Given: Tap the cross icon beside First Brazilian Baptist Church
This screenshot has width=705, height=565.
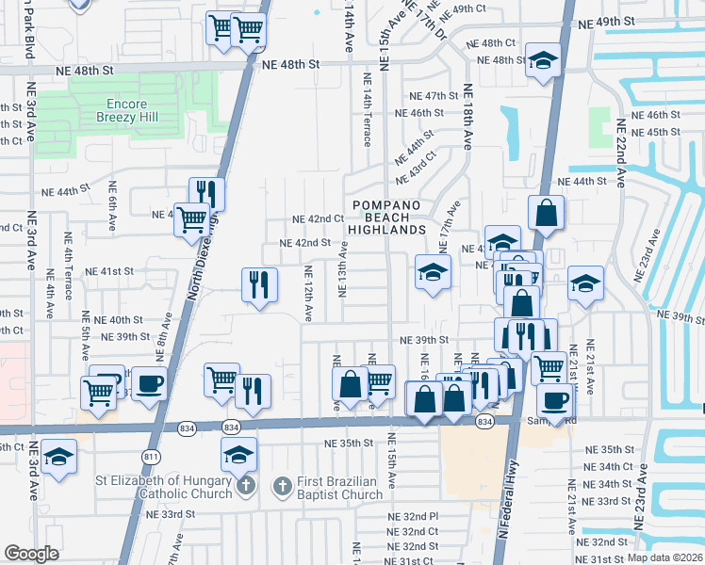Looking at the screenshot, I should [281, 487].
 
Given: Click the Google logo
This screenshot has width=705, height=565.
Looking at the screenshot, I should [31, 553].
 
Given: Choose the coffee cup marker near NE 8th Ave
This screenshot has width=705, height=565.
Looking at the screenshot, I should [150, 383].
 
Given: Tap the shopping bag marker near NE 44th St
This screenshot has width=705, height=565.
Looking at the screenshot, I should [546, 214].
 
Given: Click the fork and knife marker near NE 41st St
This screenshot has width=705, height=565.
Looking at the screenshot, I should [258, 283].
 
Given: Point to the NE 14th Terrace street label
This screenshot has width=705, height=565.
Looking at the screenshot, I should [367, 112].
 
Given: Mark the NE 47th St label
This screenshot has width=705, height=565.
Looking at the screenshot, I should [433, 96].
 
